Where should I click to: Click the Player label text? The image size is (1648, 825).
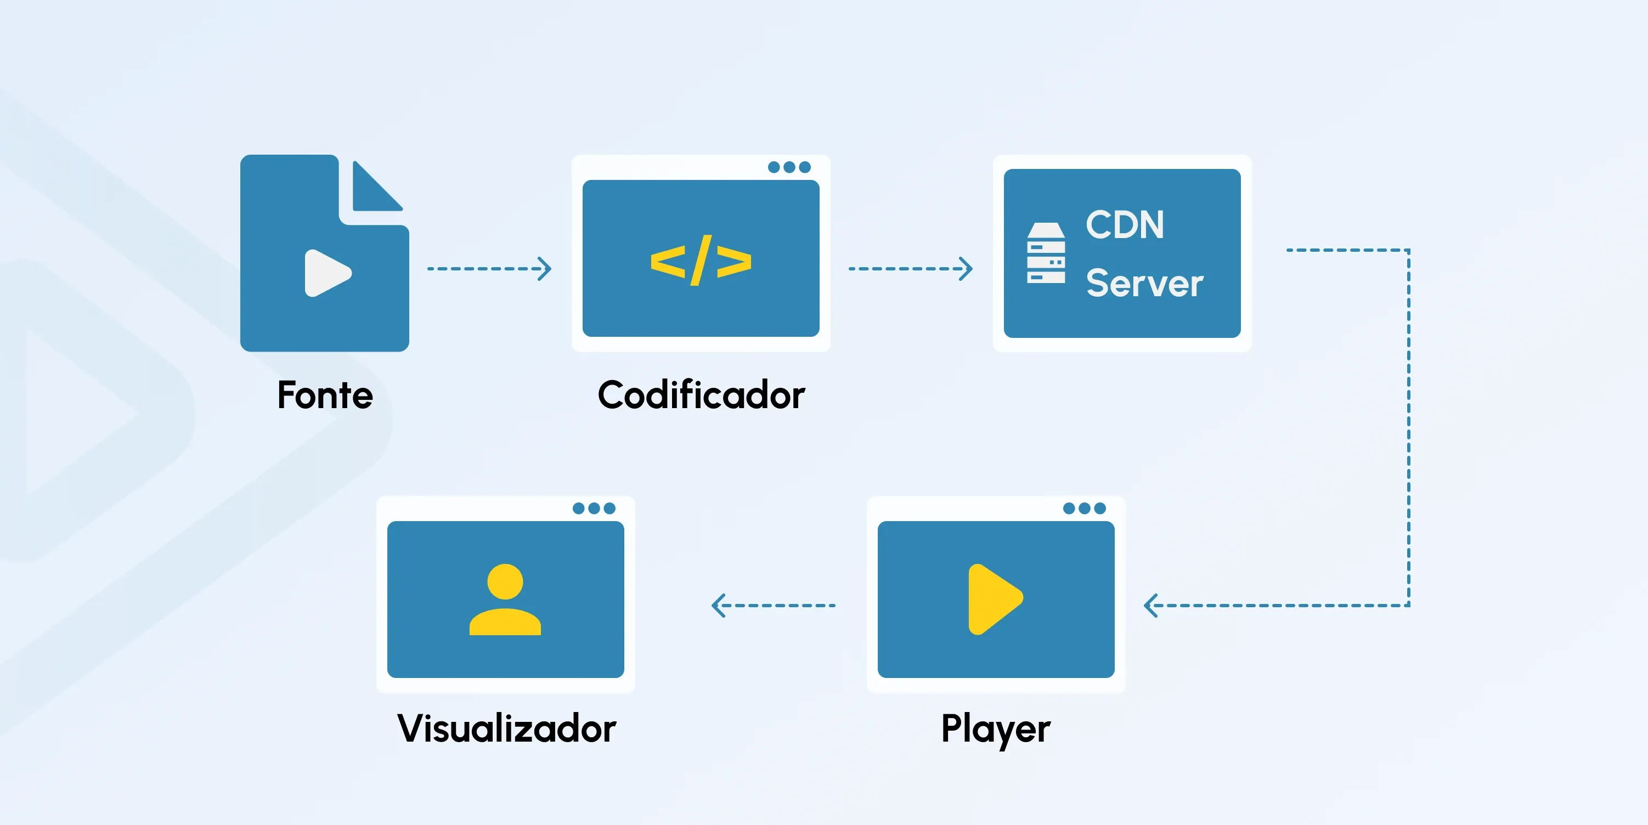(x=996, y=728)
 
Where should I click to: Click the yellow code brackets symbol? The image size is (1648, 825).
(x=701, y=261)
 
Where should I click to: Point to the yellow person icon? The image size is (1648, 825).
(x=505, y=599)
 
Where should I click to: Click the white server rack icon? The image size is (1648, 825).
(x=1046, y=253)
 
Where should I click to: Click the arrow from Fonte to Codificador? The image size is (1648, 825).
(x=489, y=269)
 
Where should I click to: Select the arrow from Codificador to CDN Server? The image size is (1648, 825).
(x=910, y=269)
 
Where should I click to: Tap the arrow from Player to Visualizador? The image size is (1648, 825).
(x=774, y=605)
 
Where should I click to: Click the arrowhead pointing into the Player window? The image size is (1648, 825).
(x=1152, y=605)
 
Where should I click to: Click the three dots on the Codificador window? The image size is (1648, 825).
(x=789, y=167)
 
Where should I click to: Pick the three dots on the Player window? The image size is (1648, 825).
(x=1083, y=508)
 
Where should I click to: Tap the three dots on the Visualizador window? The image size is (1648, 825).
(x=594, y=508)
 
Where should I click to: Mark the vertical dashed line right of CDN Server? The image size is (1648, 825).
(x=1408, y=427)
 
